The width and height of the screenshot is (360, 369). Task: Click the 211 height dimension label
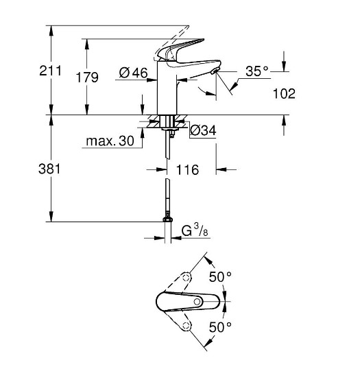click(x=32, y=70)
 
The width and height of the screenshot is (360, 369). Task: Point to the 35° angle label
click(x=257, y=70)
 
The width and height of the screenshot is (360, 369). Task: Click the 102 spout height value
click(x=283, y=93)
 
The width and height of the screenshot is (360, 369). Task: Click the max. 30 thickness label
click(x=110, y=142)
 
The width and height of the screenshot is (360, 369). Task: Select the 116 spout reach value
click(x=186, y=169)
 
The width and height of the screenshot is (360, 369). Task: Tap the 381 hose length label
click(x=32, y=169)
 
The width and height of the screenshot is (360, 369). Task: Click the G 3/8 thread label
click(x=195, y=232)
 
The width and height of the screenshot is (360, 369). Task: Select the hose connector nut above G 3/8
click(x=166, y=219)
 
